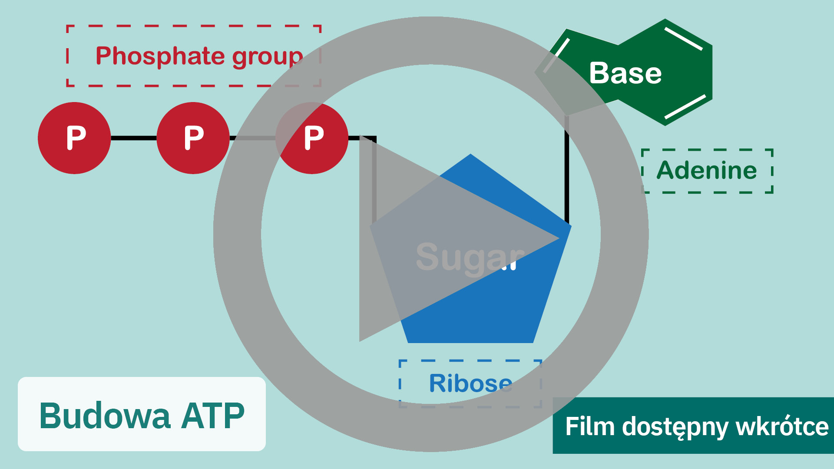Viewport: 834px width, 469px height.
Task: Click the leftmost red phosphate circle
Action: [x=74, y=138]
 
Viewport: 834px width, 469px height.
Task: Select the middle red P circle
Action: [x=193, y=138]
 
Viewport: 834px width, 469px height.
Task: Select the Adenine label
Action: [x=707, y=170]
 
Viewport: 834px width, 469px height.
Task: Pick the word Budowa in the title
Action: [x=105, y=416]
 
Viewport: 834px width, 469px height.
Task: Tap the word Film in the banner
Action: [x=589, y=426]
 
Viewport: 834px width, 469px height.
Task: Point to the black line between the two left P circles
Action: [x=133, y=138]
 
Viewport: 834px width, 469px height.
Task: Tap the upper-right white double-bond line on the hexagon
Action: [x=684, y=39]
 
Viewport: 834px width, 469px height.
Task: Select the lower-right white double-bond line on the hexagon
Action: [x=685, y=107]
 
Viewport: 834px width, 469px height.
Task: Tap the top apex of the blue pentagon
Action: [x=470, y=155]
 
